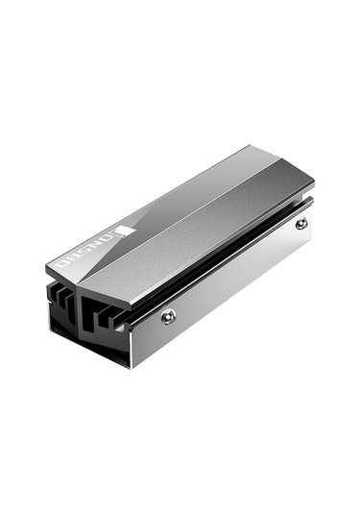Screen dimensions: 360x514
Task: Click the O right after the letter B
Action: (64, 262)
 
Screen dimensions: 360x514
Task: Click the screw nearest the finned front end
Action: (169, 316)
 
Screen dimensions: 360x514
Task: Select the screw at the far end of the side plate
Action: (301, 223)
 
